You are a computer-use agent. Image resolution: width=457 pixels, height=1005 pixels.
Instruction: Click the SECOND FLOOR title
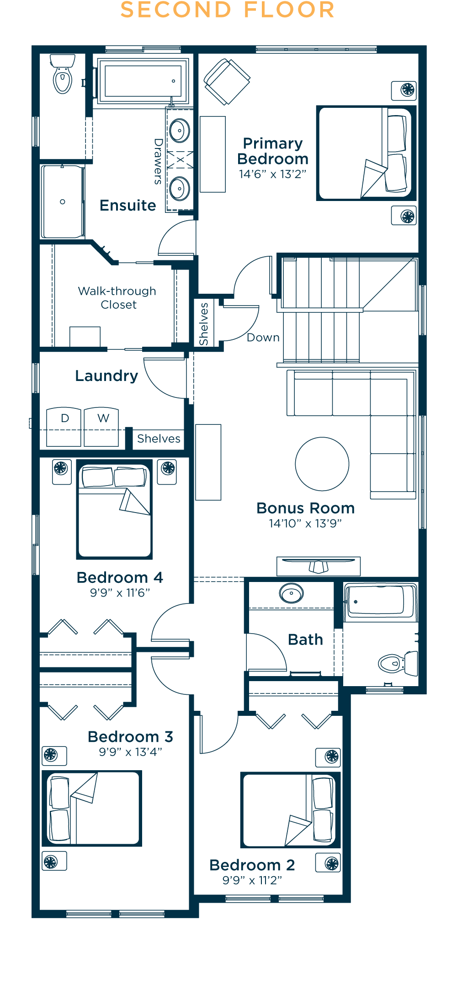[x=228, y=10]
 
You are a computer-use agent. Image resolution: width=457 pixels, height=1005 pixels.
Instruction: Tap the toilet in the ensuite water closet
[x=63, y=74]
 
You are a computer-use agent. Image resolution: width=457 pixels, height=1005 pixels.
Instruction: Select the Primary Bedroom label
[x=273, y=151]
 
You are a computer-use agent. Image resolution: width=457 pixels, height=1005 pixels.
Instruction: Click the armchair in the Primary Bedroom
[x=227, y=82]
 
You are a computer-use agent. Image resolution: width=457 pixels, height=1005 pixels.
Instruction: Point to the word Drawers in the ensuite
[x=158, y=161]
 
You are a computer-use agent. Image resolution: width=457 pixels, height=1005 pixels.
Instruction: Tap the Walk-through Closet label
[x=117, y=298]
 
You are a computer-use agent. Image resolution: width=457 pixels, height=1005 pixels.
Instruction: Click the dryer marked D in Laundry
[x=64, y=427]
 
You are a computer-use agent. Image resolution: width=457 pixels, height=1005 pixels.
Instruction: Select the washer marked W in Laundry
[x=101, y=427]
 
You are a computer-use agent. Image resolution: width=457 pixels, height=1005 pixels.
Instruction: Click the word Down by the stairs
[x=263, y=338]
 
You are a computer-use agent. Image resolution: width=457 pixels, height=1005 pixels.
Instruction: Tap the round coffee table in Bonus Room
[x=322, y=464]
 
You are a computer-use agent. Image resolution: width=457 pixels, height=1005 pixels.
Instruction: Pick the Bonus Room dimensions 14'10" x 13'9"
[x=305, y=524]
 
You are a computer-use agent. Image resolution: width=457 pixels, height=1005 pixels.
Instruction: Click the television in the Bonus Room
[x=319, y=566]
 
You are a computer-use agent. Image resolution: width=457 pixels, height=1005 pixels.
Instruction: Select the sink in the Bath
[x=291, y=594]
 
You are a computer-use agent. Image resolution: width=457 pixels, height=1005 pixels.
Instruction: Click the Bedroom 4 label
[x=120, y=577]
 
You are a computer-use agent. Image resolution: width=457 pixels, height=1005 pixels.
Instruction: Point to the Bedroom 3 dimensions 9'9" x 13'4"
[x=131, y=752]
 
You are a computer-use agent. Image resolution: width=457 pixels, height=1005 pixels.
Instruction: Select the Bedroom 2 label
[x=252, y=865]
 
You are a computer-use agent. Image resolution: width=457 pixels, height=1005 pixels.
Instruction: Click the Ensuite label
[x=128, y=206]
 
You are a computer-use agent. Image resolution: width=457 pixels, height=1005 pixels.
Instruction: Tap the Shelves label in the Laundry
[x=159, y=439]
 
